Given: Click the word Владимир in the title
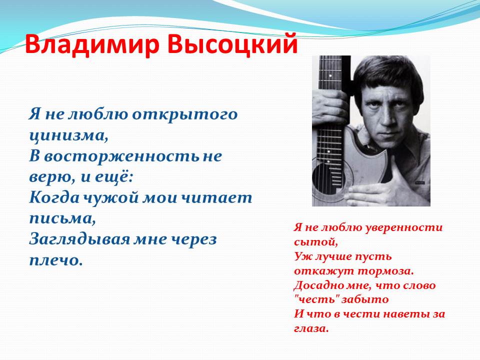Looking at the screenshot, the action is (92, 44).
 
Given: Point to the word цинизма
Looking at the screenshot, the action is (68, 135).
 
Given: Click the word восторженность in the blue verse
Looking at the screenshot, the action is (121, 156).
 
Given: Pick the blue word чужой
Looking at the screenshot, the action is (111, 198).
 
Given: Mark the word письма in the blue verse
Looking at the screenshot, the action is (62, 219).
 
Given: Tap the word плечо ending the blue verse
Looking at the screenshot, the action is (56, 261).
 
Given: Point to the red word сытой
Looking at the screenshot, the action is (316, 242).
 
